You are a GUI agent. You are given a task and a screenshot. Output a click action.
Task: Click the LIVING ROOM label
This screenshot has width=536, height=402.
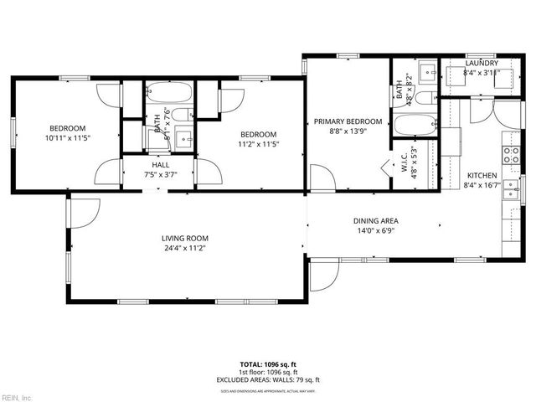click(184, 238)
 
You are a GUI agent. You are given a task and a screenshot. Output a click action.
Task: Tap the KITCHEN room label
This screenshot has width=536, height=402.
click(482, 175)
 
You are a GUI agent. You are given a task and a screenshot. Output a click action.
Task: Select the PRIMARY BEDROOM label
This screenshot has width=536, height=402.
click(348, 121)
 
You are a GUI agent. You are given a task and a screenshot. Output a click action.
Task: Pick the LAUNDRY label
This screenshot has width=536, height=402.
click(482, 63)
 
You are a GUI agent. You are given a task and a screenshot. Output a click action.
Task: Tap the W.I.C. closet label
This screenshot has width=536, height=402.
click(404, 167)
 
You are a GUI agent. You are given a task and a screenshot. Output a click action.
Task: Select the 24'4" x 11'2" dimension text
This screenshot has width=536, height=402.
click(184, 248)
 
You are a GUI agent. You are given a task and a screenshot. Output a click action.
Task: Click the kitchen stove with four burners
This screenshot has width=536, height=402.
click(508, 153)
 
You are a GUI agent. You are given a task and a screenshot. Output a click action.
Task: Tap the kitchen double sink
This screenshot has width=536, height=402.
click(508, 193)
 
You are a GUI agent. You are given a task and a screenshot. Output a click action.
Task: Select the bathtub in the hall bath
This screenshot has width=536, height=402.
click(169, 90)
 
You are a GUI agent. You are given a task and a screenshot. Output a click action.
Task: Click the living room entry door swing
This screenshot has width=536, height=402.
click(84, 214)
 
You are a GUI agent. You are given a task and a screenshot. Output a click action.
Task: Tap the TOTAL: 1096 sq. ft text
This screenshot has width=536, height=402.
click(268, 364)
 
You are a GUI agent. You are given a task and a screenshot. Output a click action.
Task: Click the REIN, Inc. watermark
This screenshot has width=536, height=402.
click(17, 396)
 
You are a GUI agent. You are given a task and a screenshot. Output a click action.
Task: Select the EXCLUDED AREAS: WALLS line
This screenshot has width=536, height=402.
click(268, 379)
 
